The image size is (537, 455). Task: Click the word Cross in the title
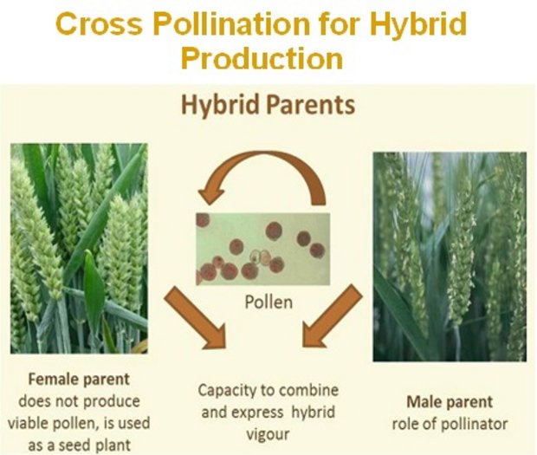99,23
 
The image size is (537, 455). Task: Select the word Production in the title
262,58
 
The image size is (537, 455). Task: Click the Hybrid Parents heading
268,105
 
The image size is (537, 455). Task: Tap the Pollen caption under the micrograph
268,302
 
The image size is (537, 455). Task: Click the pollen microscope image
262,249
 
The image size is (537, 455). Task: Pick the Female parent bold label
79,380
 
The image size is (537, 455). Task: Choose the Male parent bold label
450,402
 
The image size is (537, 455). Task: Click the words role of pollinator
450,424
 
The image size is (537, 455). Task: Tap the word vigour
268,434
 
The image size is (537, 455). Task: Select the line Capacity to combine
268,390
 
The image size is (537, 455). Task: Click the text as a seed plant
79,445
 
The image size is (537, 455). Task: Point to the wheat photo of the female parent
79,249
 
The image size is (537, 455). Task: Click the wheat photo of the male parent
450,257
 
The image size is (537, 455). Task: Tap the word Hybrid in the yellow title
418,24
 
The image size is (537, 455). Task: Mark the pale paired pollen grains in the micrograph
261,257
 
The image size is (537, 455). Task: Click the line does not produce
79,401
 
